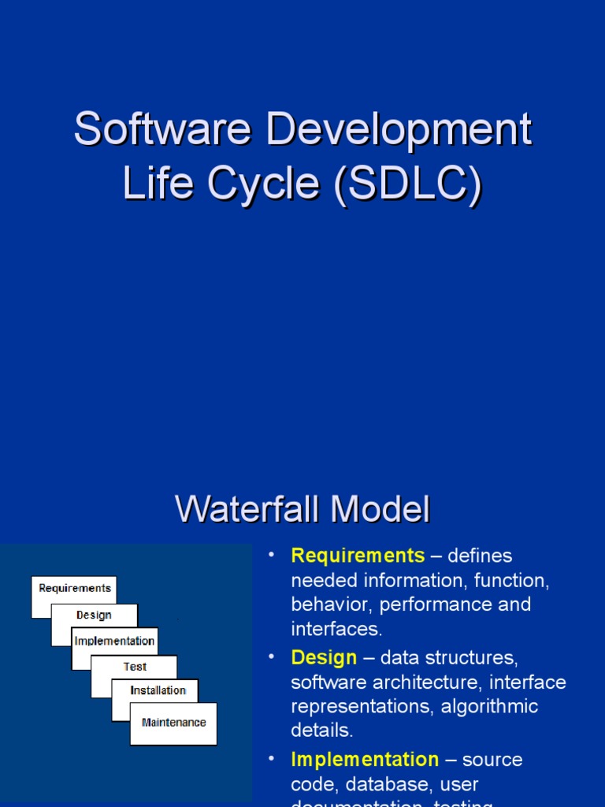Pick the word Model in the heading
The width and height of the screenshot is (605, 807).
[x=380, y=509]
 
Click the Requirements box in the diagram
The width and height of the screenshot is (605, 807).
[x=74, y=589]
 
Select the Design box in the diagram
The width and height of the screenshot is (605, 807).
[x=94, y=615]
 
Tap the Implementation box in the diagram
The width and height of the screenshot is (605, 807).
[x=114, y=641]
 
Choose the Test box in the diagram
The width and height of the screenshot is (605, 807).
[x=135, y=667]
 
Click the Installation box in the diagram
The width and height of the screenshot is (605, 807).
[x=158, y=690]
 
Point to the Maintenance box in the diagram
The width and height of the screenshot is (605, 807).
[x=173, y=723]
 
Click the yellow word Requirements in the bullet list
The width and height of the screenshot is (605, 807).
[x=358, y=556]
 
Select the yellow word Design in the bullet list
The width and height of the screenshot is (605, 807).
[x=324, y=657]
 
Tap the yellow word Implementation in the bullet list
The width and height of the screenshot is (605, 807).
[x=365, y=760]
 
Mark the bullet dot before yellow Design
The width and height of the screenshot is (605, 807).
[x=272, y=656]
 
